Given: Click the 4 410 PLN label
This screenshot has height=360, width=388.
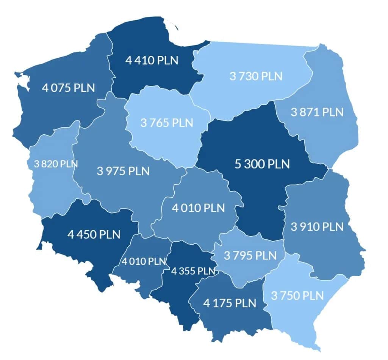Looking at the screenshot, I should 151,60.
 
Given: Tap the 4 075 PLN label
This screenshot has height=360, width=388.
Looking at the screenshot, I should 69,88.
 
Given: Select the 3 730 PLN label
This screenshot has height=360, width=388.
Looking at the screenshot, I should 256,76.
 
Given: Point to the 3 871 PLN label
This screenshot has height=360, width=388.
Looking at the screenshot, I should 317,112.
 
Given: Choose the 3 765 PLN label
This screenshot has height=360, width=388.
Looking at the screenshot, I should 167,123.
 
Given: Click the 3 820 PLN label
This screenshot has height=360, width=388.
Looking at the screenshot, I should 56,164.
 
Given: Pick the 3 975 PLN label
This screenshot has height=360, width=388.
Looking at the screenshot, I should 123,171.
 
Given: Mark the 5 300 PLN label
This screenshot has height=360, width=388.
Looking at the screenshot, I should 262,164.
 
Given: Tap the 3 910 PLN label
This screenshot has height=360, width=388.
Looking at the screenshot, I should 317,227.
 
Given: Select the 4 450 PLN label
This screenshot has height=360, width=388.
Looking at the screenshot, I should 94,234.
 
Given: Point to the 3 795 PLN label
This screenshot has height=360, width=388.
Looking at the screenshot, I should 250,255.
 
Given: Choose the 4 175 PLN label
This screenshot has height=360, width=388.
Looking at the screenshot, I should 230,303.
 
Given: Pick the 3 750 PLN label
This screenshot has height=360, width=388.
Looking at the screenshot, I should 298,295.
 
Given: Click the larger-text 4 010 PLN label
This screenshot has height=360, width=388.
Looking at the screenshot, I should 198,208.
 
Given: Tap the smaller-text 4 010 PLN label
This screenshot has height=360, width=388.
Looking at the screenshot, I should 144,261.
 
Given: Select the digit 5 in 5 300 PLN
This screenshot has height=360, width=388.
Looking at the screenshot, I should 238,164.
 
